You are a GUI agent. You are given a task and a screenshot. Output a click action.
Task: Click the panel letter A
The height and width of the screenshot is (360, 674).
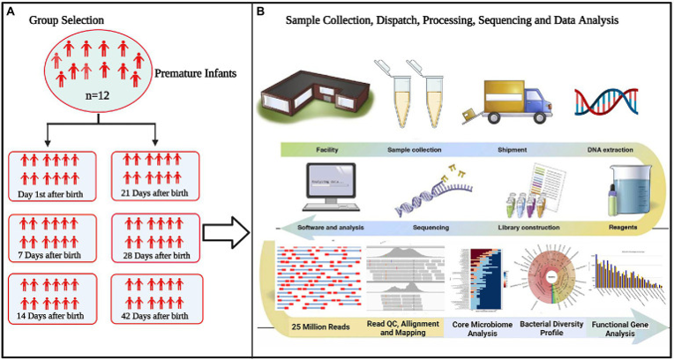(x=8, y=10)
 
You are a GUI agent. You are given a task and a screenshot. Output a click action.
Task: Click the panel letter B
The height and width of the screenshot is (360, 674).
(x=259, y=10)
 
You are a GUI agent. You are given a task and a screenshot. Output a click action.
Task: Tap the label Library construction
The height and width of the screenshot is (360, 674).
(x=528, y=228)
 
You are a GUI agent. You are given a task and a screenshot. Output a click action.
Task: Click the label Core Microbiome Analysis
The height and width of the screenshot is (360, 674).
(x=481, y=329)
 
